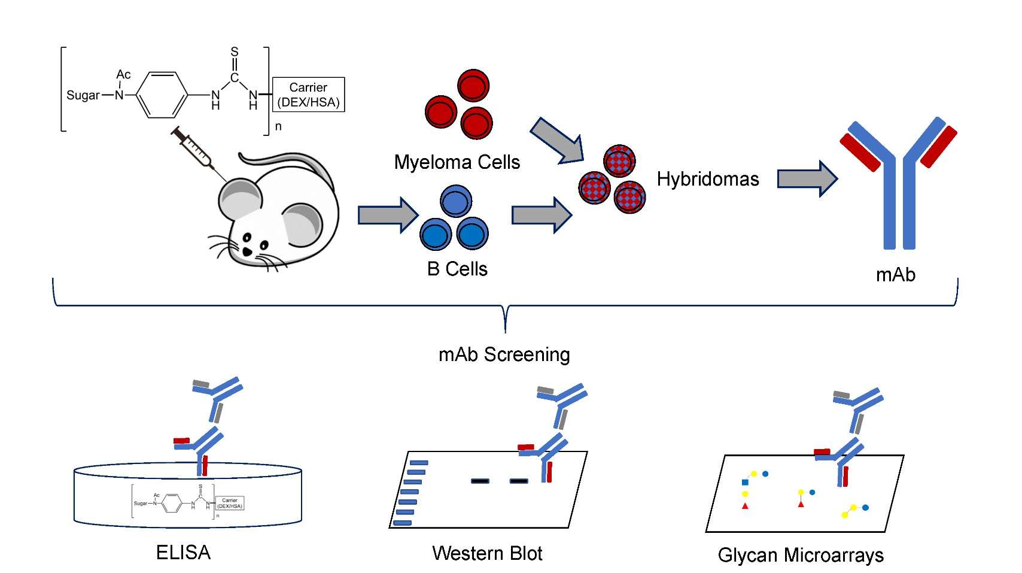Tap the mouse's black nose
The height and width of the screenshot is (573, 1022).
coord(247,252)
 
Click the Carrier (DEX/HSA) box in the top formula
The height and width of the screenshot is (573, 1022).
coord(308,95)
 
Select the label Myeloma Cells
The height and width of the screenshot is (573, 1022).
coord(457,162)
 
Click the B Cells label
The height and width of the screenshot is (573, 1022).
coord(457,269)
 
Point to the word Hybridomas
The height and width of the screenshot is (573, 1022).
coord(707,179)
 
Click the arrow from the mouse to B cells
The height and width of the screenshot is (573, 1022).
coord(387,215)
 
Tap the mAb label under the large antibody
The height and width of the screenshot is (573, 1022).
coord(895,274)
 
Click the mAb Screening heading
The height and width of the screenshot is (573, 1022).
coord(504,354)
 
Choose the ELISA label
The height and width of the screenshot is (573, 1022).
coord(183,552)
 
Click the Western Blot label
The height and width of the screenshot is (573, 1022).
coord(487,553)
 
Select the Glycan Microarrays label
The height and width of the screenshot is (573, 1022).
coord(800,555)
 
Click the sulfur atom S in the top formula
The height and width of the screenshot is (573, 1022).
coord(235,52)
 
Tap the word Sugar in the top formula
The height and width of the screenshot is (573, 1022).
coord(83,95)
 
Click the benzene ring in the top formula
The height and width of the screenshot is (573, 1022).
coord(163,95)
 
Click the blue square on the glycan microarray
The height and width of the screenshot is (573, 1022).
coord(745,482)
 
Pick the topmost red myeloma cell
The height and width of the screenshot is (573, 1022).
coord(473,85)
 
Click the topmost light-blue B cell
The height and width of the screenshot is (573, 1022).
coord(456,202)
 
